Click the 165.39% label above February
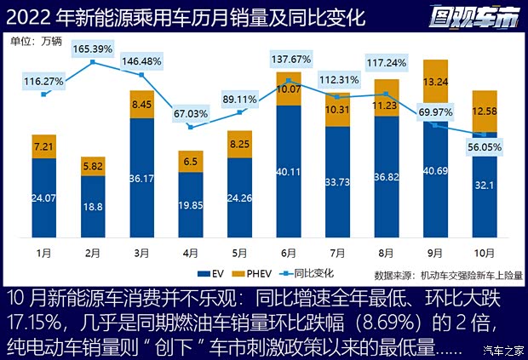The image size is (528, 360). pyautogui.click(x=92, y=49)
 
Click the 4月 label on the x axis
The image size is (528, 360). pyautogui.click(x=191, y=253)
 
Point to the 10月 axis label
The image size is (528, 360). pyautogui.click(x=484, y=253)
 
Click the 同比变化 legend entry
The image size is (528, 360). pyautogui.click(x=312, y=273)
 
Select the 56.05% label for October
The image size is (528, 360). pyautogui.click(x=484, y=146)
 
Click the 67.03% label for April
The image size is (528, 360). pyautogui.click(x=191, y=113)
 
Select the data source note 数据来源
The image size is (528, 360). pyautogui.click(x=448, y=275)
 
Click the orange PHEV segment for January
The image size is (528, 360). pyautogui.click(x=43, y=146)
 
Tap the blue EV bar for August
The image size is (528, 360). pyautogui.click(x=386, y=183)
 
